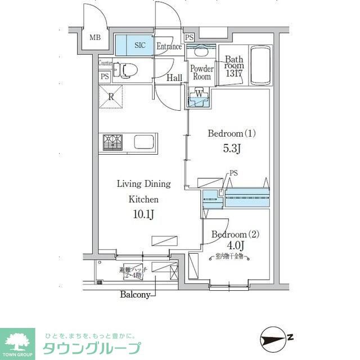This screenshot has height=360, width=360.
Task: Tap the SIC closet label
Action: [x=139, y=44]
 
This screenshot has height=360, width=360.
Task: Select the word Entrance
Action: [x=169, y=47]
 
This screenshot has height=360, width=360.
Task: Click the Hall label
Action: [x=174, y=78]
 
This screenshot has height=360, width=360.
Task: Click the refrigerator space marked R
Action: [x=111, y=97]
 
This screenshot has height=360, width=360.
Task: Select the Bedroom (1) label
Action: [x=232, y=134]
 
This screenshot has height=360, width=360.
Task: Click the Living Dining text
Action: [x=143, y=184]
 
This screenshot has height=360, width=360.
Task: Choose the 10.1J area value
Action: [x=143, y=214]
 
